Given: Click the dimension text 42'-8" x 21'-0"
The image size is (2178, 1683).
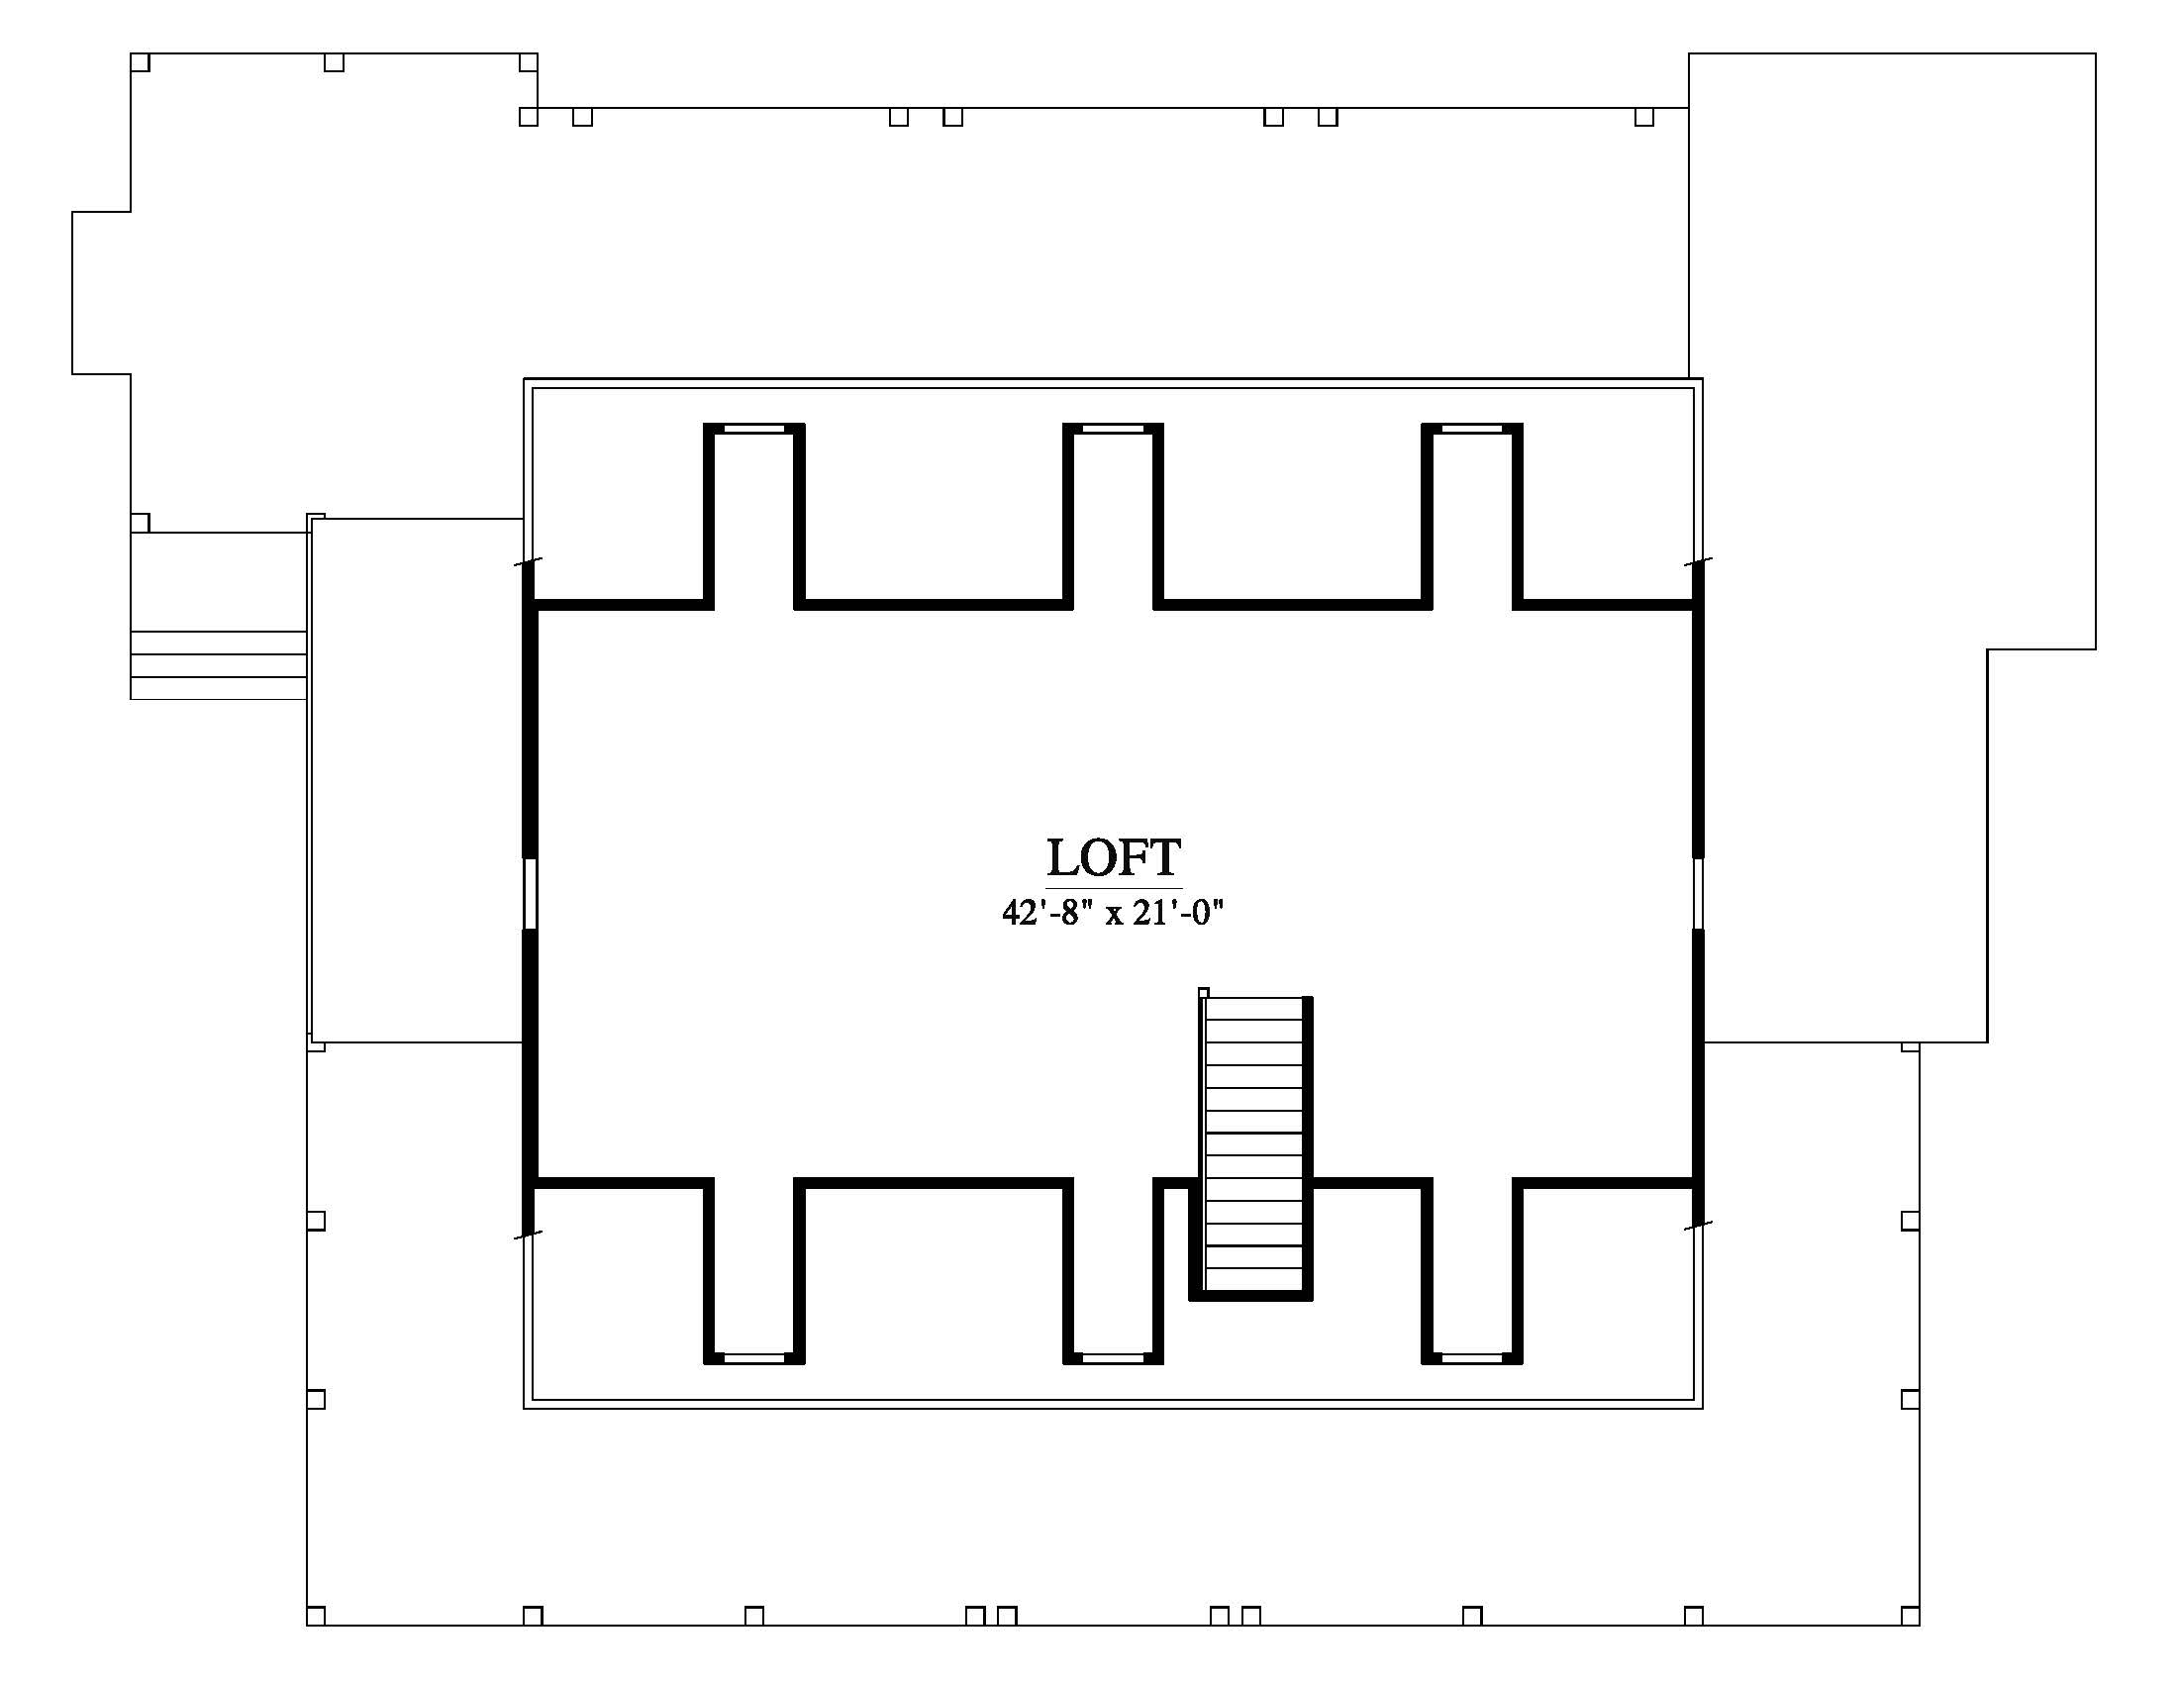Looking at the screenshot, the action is click(1113, 913).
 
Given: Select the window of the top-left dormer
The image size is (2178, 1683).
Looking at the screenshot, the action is click(754, 429).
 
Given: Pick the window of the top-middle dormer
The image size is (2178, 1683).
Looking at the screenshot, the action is click(1113, 429).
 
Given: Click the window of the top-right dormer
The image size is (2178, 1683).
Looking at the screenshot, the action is click(1472, 429).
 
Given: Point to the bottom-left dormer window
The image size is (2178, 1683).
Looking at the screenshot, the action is click(754, 1358).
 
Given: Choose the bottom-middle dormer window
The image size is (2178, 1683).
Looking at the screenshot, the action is click(1113, 1358).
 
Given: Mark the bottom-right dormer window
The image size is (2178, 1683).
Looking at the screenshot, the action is click(1472, 1358).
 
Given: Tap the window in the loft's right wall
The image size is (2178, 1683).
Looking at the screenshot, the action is click(1697, 893).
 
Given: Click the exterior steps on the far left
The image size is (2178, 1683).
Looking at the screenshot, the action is click(218, 665).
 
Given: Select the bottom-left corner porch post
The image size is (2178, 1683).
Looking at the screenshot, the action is click(316, 1616).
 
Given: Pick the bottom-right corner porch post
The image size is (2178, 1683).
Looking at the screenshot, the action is click(1910, 1616).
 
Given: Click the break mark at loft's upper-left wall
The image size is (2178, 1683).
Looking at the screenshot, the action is click(529, 562).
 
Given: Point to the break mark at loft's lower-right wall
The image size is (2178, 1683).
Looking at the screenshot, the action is click(1698, 1225).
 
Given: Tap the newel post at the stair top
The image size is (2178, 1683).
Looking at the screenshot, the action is click(1204, 992).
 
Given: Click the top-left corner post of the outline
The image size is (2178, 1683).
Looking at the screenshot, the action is click(141, 61).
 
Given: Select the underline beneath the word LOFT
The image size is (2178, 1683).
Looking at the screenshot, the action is click(1114, 886).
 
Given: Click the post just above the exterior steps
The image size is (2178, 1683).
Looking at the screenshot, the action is click(141, 523).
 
